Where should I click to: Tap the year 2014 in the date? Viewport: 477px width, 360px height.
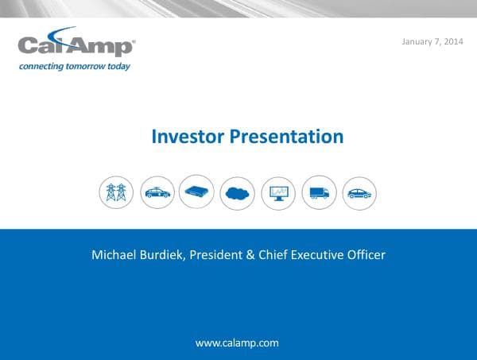point(450,41)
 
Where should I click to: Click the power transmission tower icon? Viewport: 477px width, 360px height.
point(116,192)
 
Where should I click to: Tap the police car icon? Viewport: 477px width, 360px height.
point(157,192)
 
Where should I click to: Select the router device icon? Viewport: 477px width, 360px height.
point(197,192)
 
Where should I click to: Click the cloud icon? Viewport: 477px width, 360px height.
point(238,192)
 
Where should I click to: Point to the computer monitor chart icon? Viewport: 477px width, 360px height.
point(278,192)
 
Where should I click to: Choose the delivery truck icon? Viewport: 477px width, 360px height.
point(319,192)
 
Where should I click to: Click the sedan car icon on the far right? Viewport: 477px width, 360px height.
point(359,192)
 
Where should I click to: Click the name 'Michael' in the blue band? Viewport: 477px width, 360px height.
point(114,255)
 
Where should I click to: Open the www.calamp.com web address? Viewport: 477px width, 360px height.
point(237,343)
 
